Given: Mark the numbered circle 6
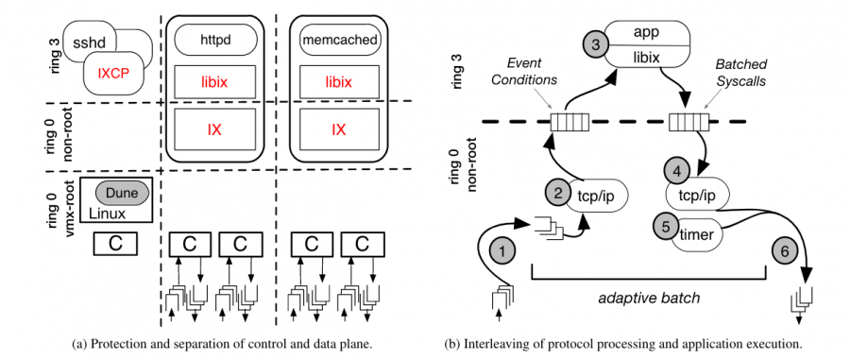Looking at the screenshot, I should click(x=783, y=251).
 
